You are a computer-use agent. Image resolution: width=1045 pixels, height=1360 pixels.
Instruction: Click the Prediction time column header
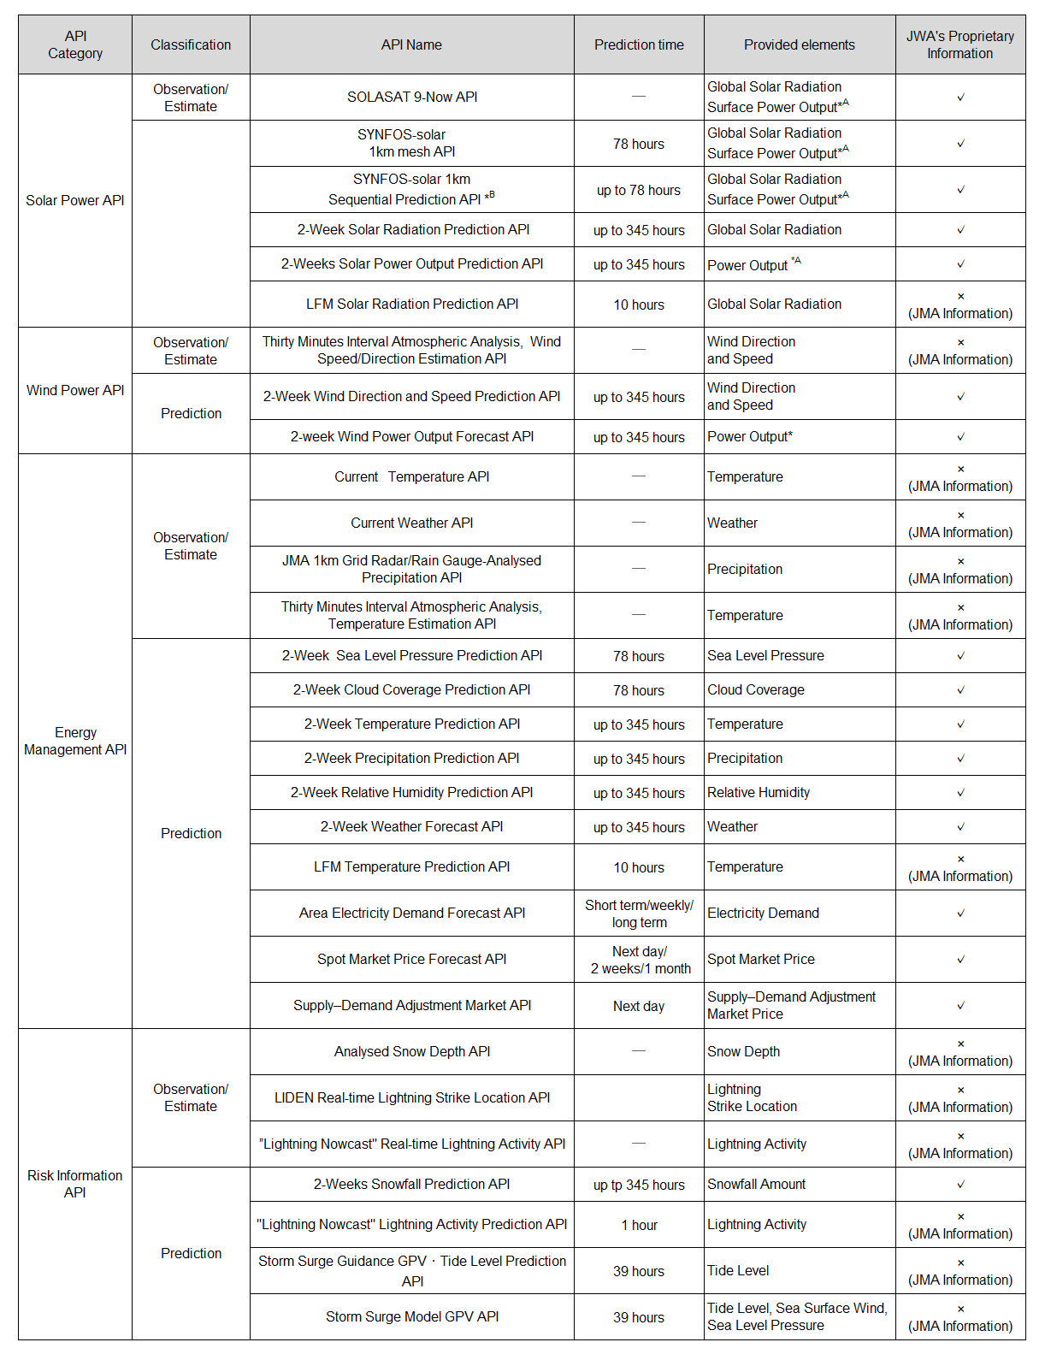[639, 44]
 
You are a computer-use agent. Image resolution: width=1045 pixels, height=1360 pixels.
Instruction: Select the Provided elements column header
[799, 44]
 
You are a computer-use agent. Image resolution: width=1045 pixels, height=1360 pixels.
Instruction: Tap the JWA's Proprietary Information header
[959, 44]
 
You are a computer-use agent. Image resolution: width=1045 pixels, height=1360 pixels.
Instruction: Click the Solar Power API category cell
[75, 200]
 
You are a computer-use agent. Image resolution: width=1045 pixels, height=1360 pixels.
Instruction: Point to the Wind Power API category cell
[75, 390]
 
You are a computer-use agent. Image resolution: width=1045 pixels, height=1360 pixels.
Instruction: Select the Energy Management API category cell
[75, 741]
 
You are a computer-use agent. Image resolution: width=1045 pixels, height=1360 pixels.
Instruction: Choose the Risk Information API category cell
[75, 1184]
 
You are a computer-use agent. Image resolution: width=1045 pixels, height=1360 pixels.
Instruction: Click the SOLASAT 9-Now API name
[412, 97]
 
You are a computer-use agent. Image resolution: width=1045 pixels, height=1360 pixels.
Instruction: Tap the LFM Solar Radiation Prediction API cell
[412, 304]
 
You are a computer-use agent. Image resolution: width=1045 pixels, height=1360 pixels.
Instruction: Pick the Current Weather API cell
[412, 523]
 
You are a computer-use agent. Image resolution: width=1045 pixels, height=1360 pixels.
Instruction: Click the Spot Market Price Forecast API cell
[412, 959]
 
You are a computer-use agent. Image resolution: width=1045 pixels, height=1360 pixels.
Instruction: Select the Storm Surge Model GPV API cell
[412, 1316]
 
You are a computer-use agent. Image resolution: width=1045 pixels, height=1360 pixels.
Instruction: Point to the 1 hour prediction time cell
[639, 1225]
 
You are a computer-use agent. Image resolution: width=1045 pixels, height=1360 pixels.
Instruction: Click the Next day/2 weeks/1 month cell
[640, 960]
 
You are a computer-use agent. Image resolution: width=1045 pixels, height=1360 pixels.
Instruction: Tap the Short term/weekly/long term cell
[639, 914]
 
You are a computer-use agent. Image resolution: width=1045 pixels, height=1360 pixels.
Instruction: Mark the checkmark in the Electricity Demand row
[960, 914]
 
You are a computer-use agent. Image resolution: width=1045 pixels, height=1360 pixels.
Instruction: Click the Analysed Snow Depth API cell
[412, 1051]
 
